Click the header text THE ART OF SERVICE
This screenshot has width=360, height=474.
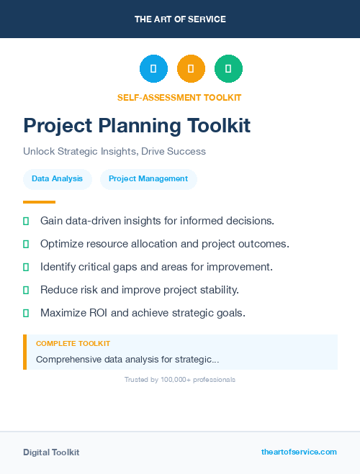pos(180,19)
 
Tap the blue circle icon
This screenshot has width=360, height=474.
pos(153,69)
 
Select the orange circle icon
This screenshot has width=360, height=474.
pos(191,69)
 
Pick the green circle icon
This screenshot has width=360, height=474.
pos(228,69)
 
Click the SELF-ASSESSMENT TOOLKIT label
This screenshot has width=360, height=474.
pos(179,97)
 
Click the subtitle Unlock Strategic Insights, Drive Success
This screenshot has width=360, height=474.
pos(114,152)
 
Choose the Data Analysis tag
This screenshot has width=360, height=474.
pos(57,178)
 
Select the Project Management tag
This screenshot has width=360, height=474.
pos(148,178)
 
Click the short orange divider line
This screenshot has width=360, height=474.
pos(39,202)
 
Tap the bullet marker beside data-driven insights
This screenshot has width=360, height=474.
pos(26,221)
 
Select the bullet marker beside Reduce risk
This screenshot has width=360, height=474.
pos(26,290)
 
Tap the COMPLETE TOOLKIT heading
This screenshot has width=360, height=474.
pos(73,344)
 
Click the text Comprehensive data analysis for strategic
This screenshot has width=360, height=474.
pos(127,359)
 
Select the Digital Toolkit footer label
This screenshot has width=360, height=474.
pos(51,452)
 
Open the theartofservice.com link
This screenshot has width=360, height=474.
pos(299,452)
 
